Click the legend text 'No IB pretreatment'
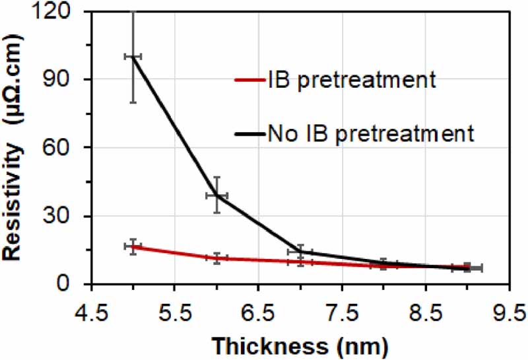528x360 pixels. point(371,133)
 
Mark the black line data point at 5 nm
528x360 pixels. point(133,57)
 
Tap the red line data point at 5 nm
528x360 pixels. point(133,246)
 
